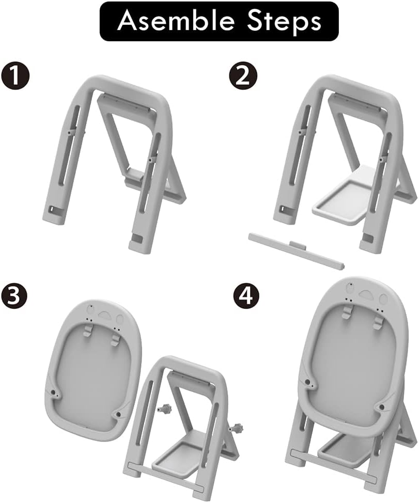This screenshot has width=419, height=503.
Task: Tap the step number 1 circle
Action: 15,76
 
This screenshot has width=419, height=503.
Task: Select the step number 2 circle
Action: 243,76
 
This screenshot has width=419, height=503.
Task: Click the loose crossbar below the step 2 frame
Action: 297,251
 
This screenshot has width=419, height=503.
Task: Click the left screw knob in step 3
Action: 165,408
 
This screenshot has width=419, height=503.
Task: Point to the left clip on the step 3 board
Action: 87,330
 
